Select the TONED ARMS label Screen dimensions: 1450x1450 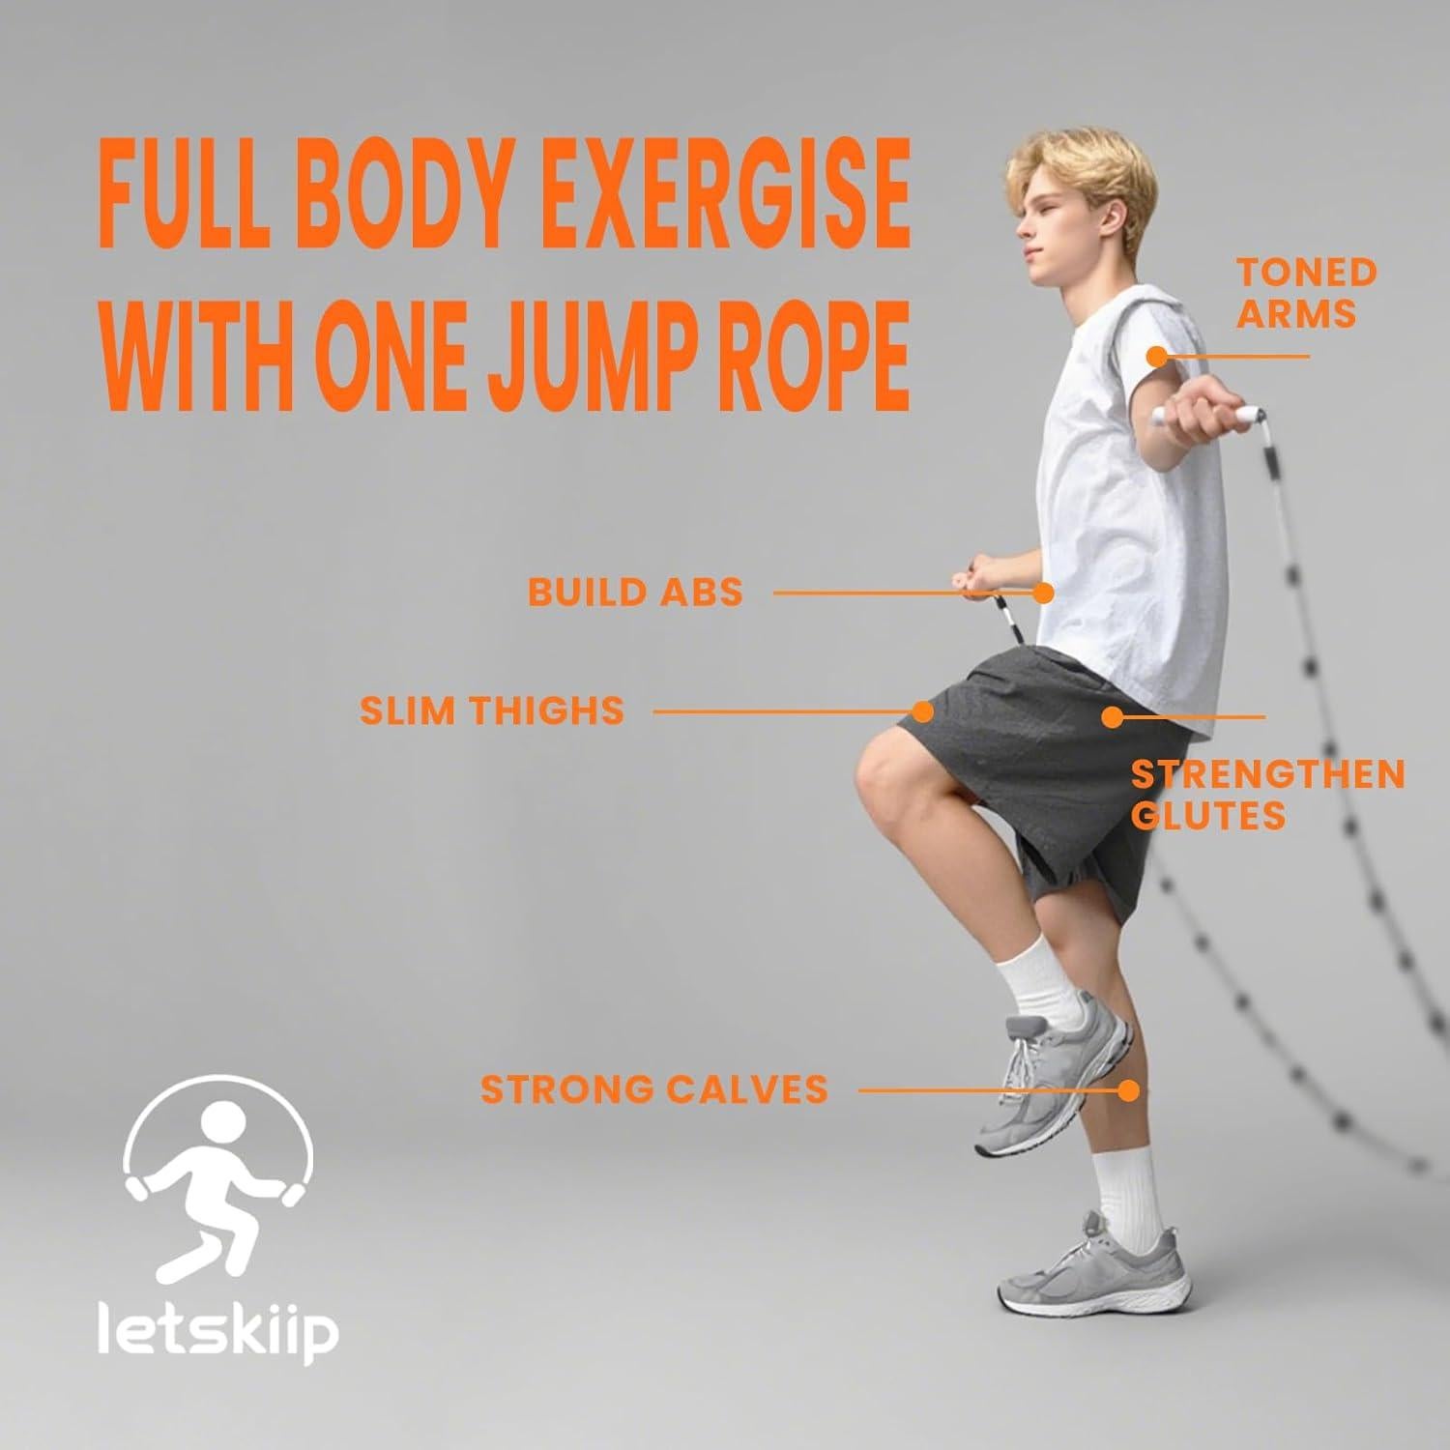pos(1305,293)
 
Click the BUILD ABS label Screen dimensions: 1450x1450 pos(635,592)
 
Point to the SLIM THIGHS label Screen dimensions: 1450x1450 pos(492,710)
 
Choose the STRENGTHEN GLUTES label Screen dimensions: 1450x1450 pos(1266,795)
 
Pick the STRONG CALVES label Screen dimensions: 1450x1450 pos(654,1089)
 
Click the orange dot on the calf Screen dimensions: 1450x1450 pos(1127,1090)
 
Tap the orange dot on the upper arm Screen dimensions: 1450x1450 pos(1156,356)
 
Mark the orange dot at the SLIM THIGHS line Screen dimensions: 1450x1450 pos(922,711)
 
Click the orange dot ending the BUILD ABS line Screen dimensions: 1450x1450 pos(1042,593)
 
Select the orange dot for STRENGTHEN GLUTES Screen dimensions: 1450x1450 pos(1112,717)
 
